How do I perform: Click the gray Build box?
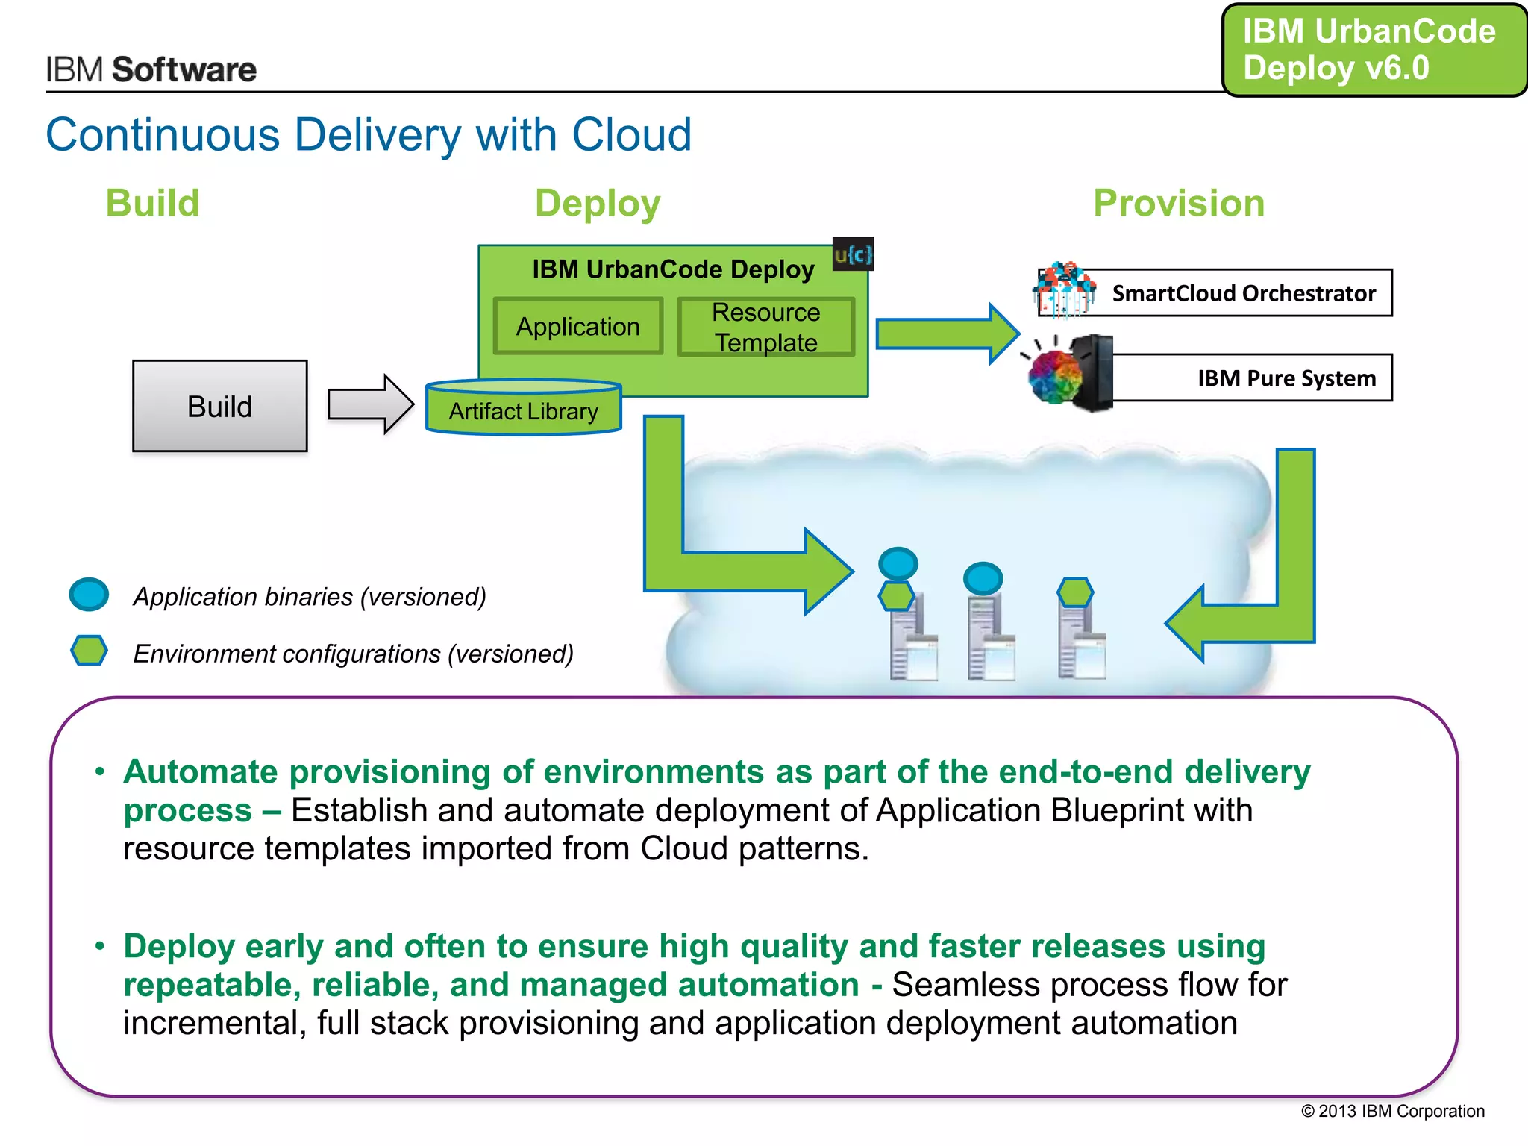219,406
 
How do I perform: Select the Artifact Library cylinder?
523,410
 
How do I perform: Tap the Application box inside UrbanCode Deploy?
577,326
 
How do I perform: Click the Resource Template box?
765,327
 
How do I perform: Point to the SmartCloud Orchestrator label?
1243,293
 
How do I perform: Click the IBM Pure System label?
1286,378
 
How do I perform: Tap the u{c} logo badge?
852,255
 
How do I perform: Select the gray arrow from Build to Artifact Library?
370,404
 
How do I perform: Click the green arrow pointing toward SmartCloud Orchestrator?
946,334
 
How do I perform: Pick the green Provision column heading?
1178,203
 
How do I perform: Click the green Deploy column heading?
598,203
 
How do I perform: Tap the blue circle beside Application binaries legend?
89,595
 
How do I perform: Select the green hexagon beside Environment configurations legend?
89,651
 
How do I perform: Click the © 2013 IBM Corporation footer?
1392,1111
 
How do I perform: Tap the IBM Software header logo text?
151,69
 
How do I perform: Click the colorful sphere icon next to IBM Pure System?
1054,377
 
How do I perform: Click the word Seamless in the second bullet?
965,985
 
